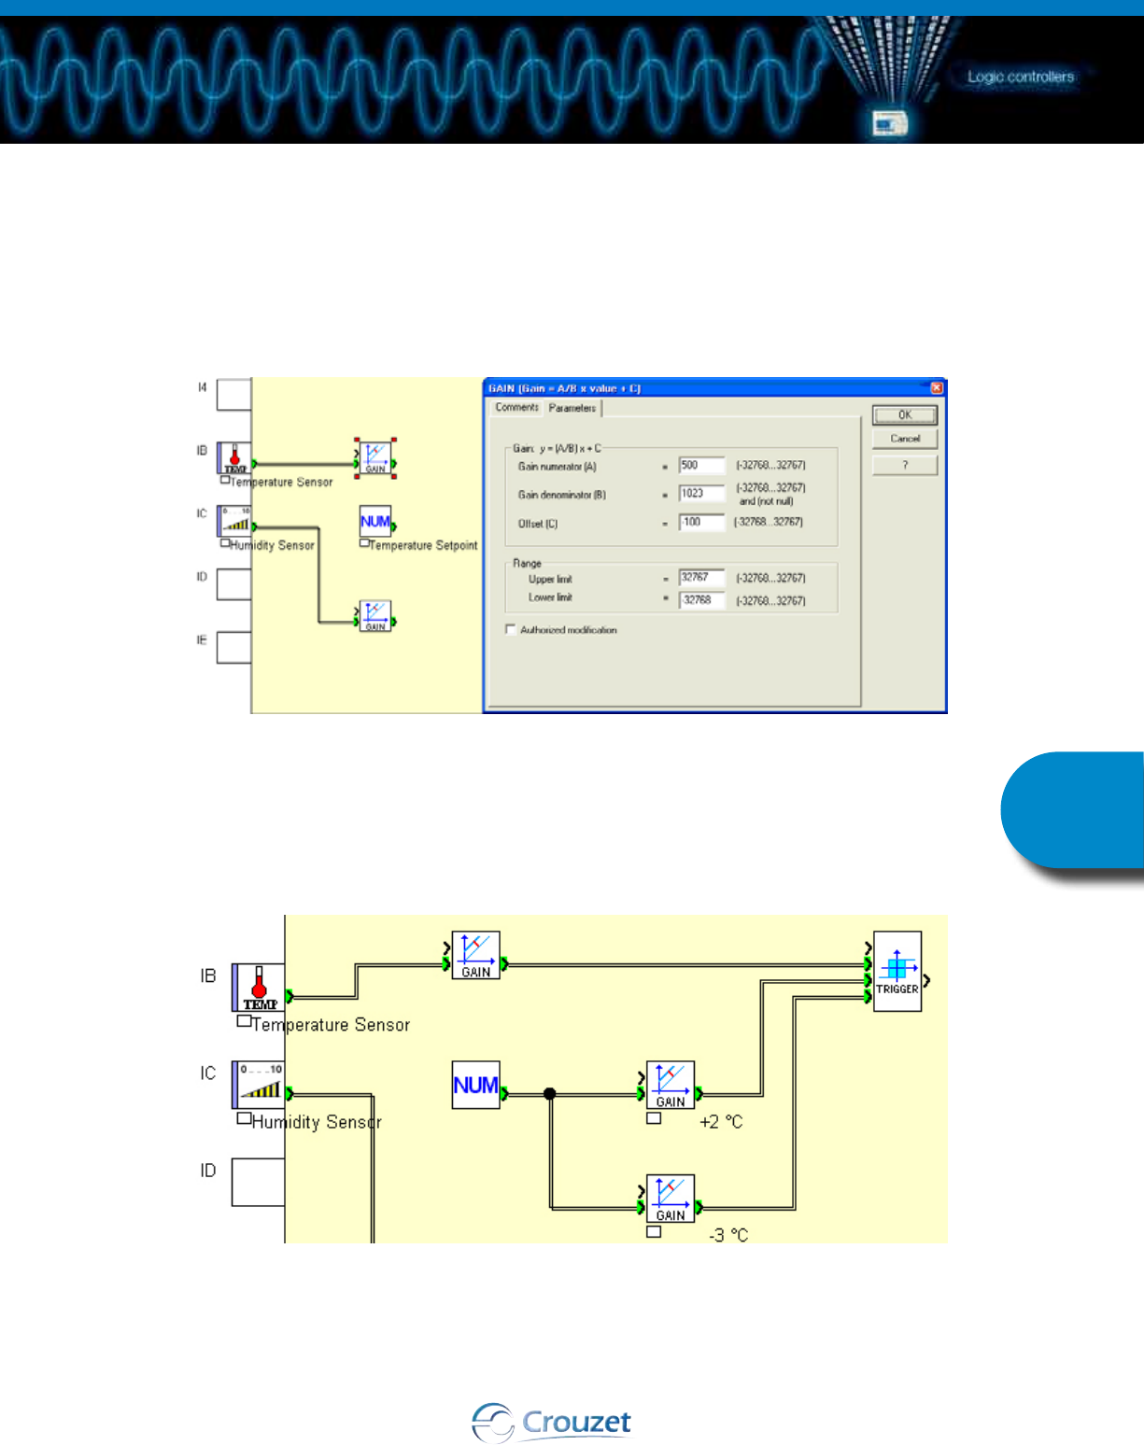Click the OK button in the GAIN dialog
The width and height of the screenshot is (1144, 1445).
904,415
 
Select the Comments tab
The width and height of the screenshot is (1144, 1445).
516,408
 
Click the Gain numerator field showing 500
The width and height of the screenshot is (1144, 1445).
701,466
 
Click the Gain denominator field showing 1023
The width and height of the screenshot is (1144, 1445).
701,494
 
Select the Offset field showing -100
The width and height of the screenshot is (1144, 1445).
701,523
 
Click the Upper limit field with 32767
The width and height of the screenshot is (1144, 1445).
701,578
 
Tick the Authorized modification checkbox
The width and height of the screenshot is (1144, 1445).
511,630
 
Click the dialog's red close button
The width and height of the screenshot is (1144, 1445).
937,388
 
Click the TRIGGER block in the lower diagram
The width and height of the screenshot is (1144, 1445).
897,971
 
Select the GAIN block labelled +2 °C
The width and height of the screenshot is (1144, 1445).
671,1085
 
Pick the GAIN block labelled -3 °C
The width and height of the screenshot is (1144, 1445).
671,1199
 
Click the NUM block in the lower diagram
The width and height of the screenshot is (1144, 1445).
475,1085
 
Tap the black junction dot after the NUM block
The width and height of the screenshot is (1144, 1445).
550,1094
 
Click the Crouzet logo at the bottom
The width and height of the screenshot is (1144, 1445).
552,1423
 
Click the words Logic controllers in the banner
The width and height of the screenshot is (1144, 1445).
1020,77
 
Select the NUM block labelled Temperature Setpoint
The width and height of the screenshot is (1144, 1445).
375,521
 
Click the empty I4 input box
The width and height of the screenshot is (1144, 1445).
233,395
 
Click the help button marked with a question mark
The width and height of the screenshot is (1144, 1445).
904,465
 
